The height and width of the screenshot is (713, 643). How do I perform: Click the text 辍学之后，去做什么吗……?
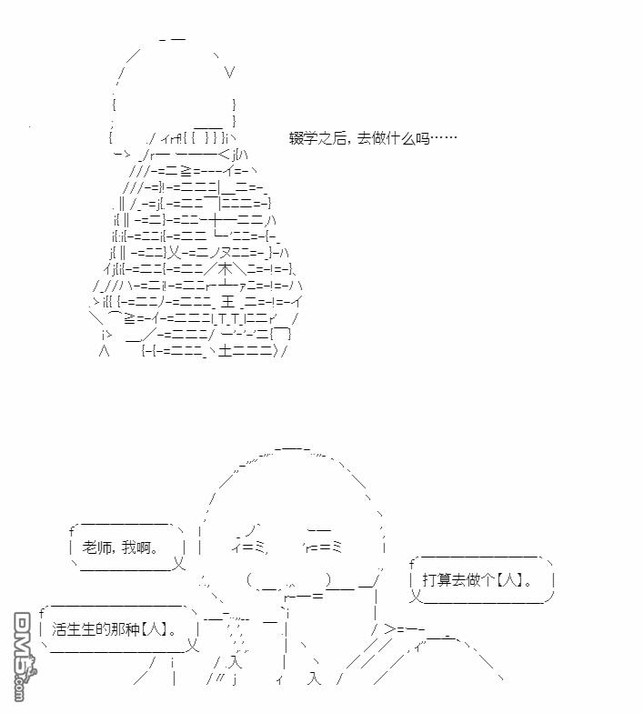coord(373,138)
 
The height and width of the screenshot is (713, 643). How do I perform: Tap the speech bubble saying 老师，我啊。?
coord(127,547)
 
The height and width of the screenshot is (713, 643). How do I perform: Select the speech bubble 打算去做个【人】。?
coord(482,580)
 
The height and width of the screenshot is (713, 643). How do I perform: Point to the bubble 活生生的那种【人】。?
coord(119,629)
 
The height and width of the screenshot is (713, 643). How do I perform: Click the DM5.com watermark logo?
coord(24,656)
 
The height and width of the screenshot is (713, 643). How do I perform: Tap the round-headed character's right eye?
coord(323,547)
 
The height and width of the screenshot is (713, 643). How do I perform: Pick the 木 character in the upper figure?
coord(226,269)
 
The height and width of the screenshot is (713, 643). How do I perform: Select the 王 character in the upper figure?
coord(227,302)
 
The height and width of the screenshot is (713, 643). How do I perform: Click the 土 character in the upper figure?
coord(226,351)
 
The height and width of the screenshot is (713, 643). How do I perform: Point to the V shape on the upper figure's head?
coord(229,72)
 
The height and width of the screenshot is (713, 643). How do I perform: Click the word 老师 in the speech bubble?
coord(96,547)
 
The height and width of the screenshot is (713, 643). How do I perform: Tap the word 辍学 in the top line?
coord(304,138)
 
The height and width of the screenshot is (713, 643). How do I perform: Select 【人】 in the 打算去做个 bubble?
coord(508,580)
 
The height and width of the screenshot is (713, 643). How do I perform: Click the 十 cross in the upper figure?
coord(216,220)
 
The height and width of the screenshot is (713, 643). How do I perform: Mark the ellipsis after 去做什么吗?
coord(444,138)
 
